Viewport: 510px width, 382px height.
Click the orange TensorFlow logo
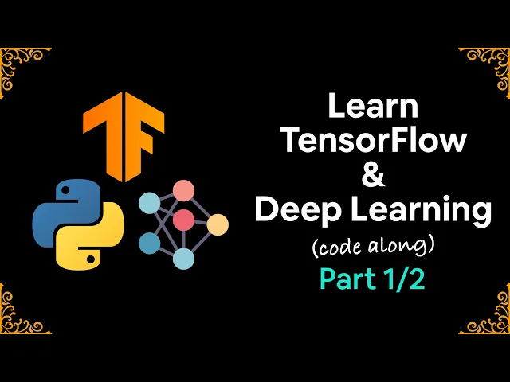point(124,131)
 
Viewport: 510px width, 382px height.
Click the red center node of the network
point(184,220)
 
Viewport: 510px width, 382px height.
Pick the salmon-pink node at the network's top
point(184,191)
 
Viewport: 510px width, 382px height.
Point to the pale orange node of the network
point(218,225)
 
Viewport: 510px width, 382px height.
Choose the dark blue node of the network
point(149,243)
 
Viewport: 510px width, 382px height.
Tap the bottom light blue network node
point(184,258)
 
